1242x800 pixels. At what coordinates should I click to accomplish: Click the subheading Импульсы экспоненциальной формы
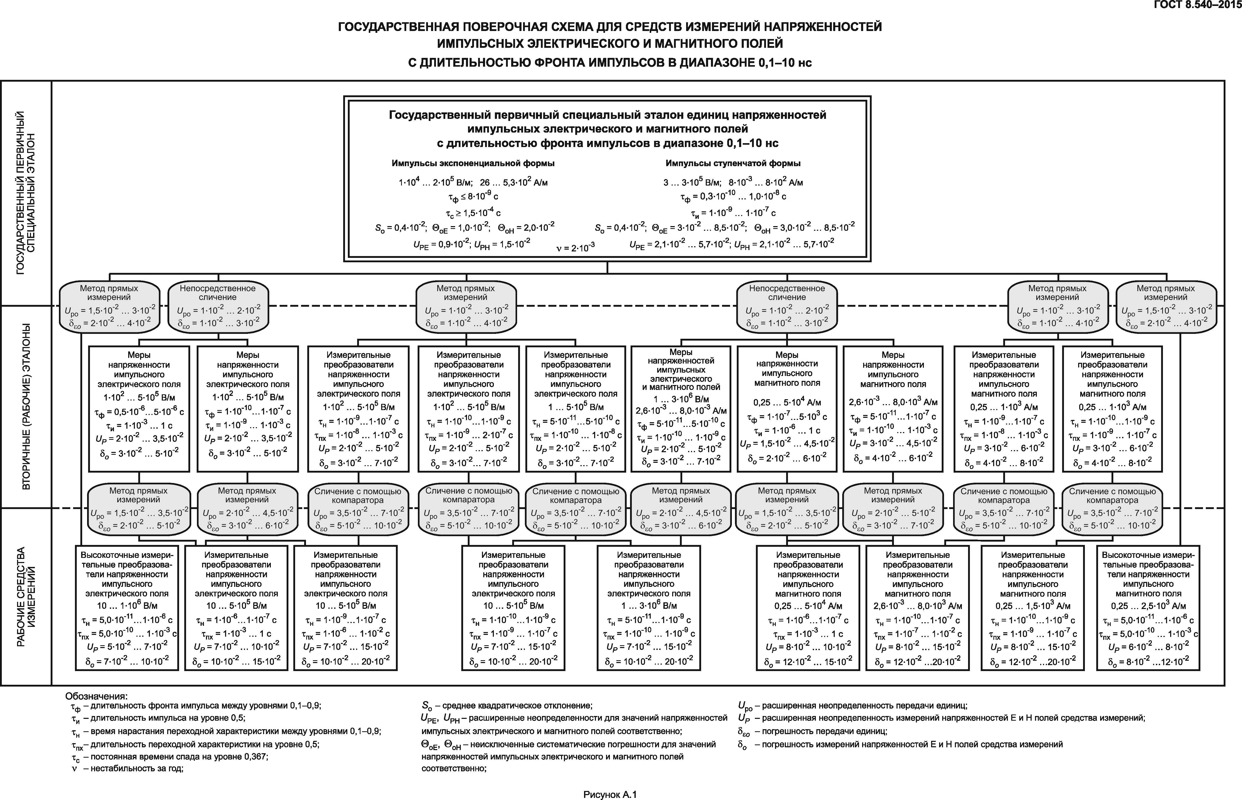coord(473,163)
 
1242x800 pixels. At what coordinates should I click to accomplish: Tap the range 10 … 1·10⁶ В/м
coord(127,605)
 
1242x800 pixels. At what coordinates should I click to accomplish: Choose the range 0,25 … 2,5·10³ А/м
coord(1148,606)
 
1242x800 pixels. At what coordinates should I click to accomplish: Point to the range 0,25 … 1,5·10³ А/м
coord(1033,606)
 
